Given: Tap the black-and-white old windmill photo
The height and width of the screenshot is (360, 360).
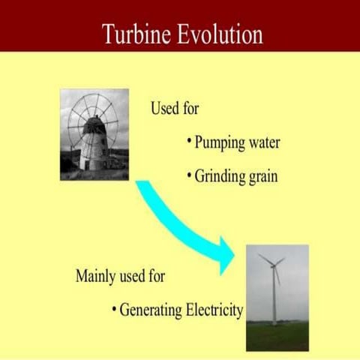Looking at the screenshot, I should point(94,135).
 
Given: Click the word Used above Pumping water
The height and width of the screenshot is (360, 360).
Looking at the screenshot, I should point(165,109).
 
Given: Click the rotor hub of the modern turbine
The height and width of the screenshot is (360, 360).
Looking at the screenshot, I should point(272,263).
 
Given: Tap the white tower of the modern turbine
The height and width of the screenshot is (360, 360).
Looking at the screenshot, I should point(274,300).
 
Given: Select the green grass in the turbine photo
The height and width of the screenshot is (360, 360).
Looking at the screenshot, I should point(277,338).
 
